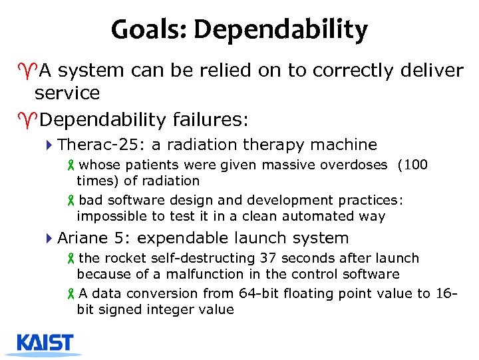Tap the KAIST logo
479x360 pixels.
tap(45, 343)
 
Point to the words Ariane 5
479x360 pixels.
tap(91, 238)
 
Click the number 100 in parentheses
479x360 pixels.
tap(416, 165)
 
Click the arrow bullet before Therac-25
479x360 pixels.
tap(51, 145)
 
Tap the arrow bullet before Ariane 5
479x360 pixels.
tap(51, 238)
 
